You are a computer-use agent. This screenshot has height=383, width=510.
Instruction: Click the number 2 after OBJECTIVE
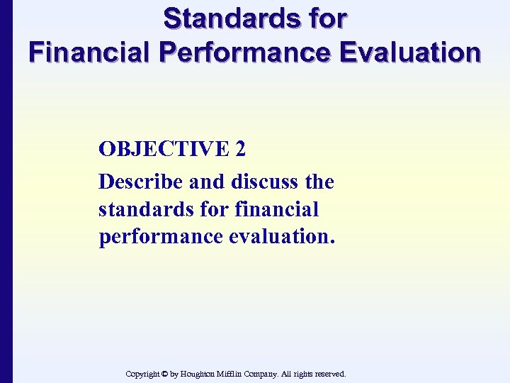pos(240,149)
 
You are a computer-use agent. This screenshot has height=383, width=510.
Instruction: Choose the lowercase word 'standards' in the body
pos(144,210)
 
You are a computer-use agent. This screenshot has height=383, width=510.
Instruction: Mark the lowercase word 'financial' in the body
pos(276,210)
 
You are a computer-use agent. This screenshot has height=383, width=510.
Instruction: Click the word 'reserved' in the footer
pos(329,374)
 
